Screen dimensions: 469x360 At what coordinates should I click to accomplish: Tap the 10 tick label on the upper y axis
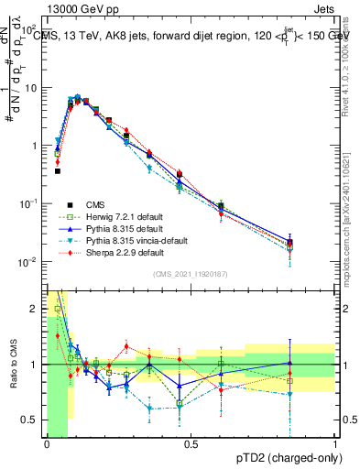tap(32, 88)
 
